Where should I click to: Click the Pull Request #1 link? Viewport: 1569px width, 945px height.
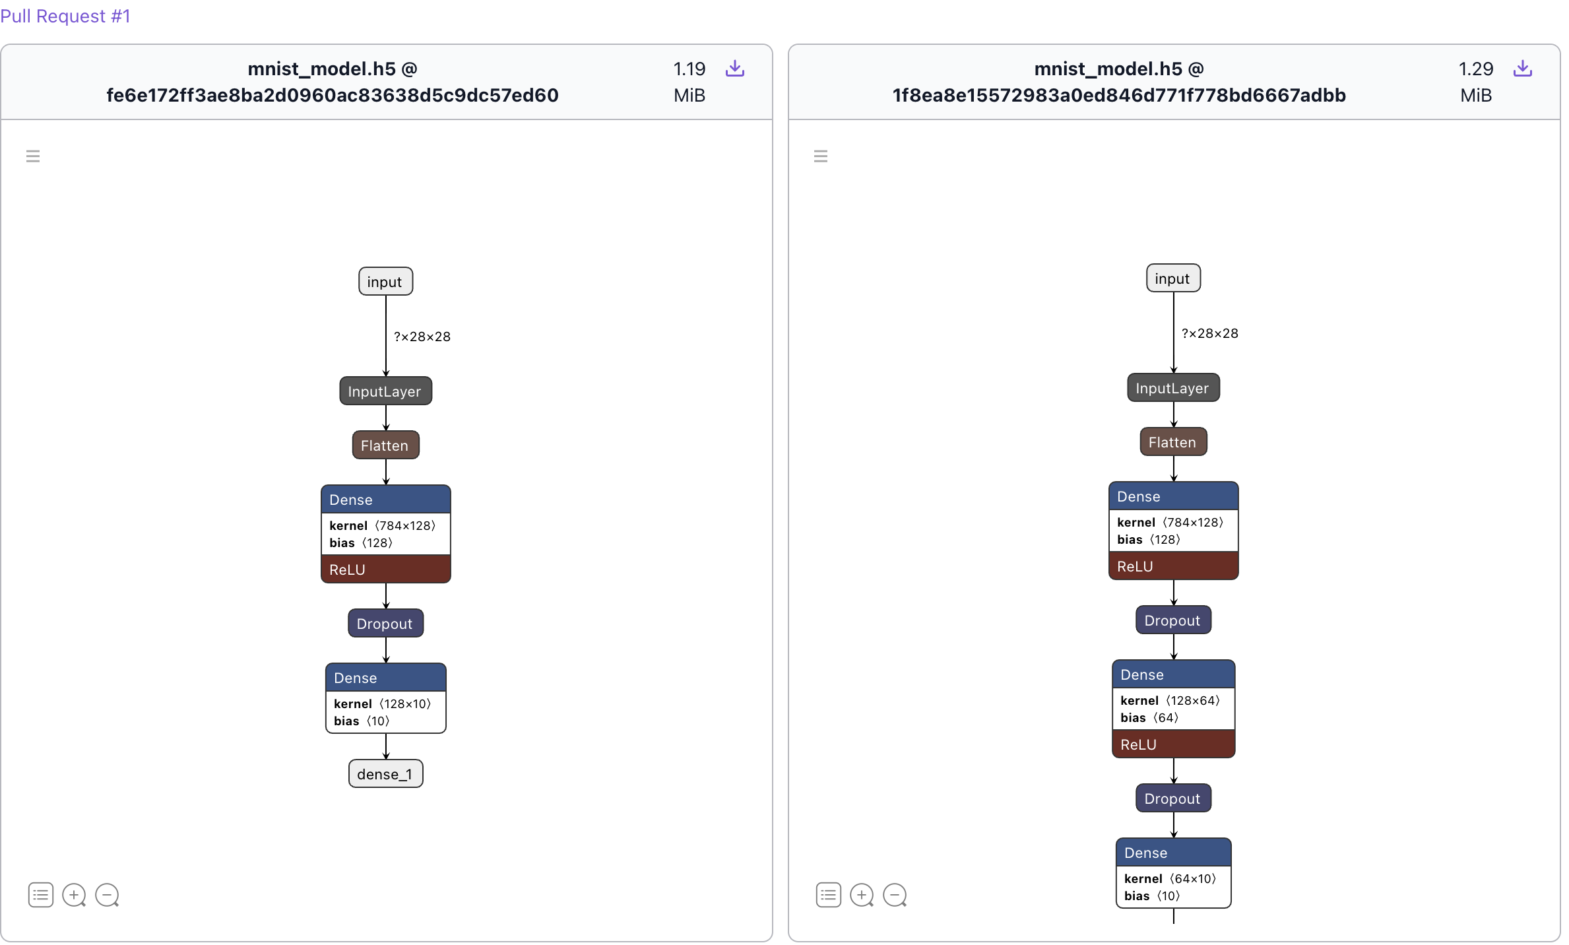coord(65,16)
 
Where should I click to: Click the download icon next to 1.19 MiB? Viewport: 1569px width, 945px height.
coord(734,69)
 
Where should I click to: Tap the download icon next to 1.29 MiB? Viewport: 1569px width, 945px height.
coord(1522,69)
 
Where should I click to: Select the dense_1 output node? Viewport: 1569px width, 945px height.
coord(385,773)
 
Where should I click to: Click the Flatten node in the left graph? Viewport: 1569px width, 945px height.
coord(385,445)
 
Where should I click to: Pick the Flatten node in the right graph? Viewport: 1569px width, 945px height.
coord(1173,442)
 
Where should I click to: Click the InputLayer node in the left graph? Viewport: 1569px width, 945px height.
coord(385,391)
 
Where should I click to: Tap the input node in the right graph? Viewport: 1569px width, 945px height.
coord(1173,278)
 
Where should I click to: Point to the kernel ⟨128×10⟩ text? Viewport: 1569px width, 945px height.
coord(383,703)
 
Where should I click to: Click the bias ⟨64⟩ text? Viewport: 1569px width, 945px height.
coord(1149,717)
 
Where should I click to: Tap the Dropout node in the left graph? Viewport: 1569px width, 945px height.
coord(385,624)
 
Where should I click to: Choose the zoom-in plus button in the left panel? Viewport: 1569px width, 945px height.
coord(73,895)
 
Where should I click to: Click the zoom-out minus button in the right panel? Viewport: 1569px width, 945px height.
coord(895,895)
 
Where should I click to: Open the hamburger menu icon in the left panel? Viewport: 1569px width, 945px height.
coord(33,156)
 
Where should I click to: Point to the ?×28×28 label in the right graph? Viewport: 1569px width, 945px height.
coord(1209,333)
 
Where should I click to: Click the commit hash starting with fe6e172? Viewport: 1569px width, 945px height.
coord(333,95)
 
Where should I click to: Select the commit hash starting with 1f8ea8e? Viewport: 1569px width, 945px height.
coord(1119,95)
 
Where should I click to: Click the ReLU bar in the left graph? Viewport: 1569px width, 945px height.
coord(385,570)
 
